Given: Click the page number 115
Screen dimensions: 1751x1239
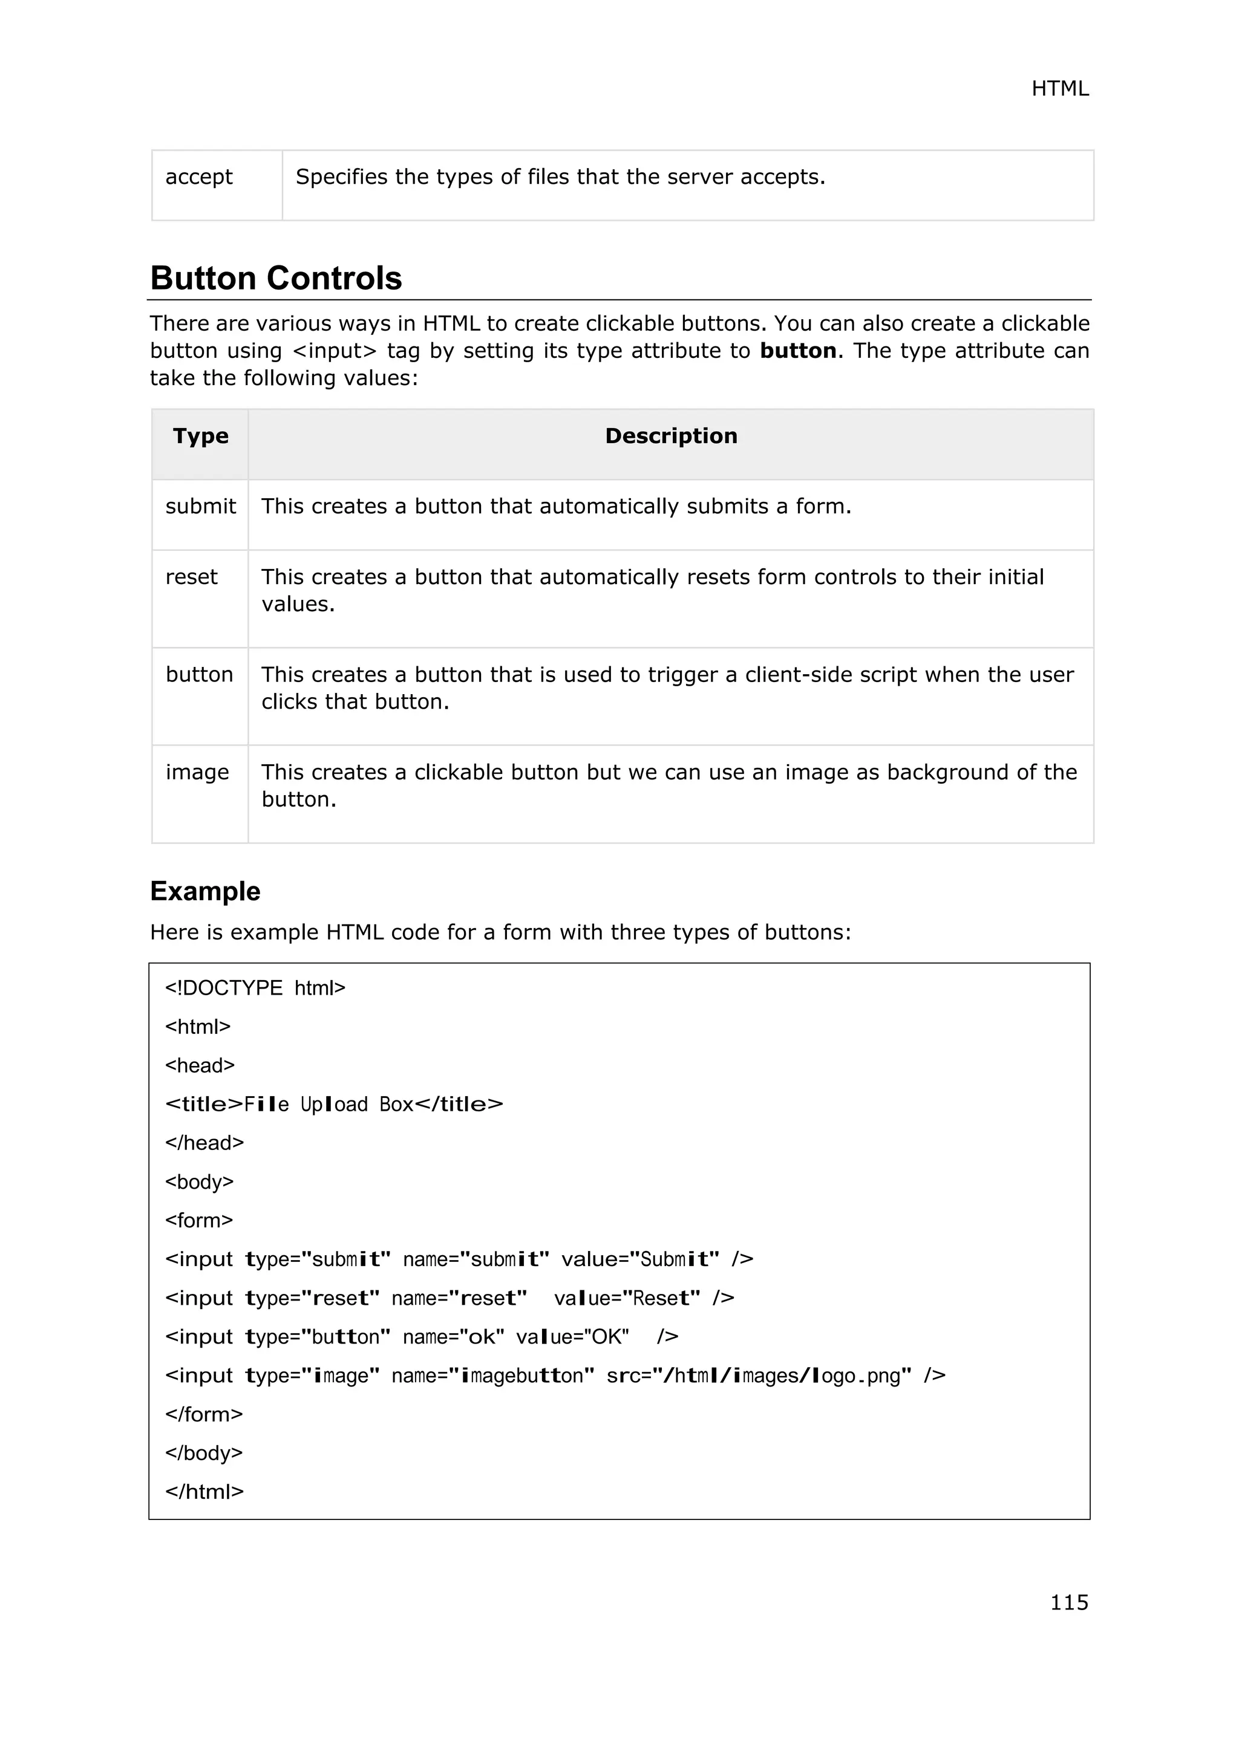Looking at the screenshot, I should pyautogui.click(x=1069, y=1602).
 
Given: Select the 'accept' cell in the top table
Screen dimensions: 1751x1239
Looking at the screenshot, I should pyautogui.click(x=199, y=177).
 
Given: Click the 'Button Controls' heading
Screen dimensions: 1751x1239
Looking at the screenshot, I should pyautogui.click(x=276, y=278).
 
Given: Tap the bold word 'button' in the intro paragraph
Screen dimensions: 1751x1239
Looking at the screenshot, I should pyautogui.click(x=797, y=351).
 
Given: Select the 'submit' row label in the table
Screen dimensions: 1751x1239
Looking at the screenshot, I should pyautogui.click(x=201, y=507).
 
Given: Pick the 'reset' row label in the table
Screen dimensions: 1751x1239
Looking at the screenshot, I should pyautogui.click(x=192, y=577).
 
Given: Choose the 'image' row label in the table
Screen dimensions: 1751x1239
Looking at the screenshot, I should pyautogui.click(x=197, y=773).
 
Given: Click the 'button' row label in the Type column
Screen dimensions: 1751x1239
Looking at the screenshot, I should pyautogui.click(x=199, y=675).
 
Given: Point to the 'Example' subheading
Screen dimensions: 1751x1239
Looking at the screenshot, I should pyautogui.click(x=205, y=891).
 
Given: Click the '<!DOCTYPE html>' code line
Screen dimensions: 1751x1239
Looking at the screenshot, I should pyautogui.click(x=255, y=989).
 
